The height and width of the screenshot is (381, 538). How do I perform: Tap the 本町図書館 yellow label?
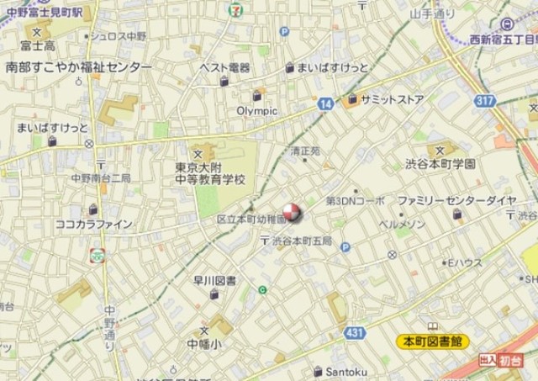tap(433, 341)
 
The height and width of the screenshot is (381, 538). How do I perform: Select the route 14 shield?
tap(325, 103)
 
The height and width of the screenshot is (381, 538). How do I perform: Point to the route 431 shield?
tap(354, 333)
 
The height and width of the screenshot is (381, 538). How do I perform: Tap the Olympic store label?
tap(256, 110)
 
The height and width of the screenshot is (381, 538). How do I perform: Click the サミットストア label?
tap(392, 99)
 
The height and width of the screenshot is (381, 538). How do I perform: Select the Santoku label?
tap(345, 370)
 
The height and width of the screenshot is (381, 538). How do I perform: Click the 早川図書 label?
tap(214, 280)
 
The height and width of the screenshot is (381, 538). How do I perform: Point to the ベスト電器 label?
tap(224, 67)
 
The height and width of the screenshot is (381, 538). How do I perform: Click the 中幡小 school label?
tap(204, 343)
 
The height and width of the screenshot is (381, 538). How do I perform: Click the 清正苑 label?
tap(305, 151)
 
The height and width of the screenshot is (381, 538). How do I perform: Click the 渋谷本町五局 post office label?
tap(301, 241)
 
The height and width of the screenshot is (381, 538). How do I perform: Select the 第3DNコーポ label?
tap(355, 201)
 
